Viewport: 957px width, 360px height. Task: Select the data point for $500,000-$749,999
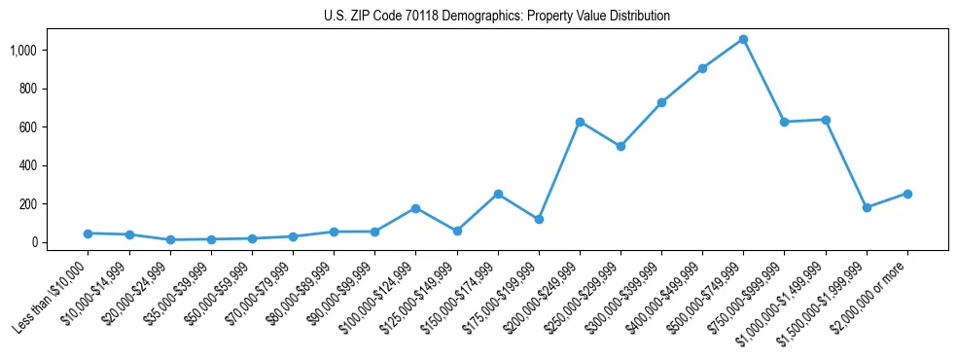click(743, 39)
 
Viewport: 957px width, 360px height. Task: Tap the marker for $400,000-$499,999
click(702, 68)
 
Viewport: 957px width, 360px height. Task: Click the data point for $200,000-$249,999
click(580, 122)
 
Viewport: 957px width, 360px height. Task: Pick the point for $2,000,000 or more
click(907, 194)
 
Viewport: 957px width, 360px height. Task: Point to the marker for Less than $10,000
click(88, 234)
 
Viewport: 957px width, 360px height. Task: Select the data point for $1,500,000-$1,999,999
click(867, 207)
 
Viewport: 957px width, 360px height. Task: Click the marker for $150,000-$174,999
click(498, 194)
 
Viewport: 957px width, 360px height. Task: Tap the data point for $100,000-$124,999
click(415, 208)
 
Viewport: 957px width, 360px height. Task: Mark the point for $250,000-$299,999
click(620, 146)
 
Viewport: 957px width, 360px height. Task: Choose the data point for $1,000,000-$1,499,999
click(826, 120)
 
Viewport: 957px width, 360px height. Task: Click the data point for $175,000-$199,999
click(539, 219)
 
